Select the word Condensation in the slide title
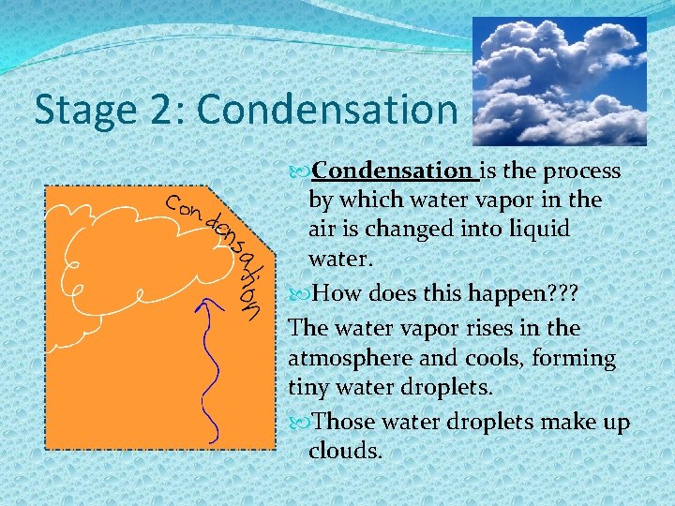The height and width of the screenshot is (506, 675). (327, 110)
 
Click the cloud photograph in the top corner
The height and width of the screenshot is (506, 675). (559, 82)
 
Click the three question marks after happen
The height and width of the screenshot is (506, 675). (559, 294)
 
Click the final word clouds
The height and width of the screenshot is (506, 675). (345, 452)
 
